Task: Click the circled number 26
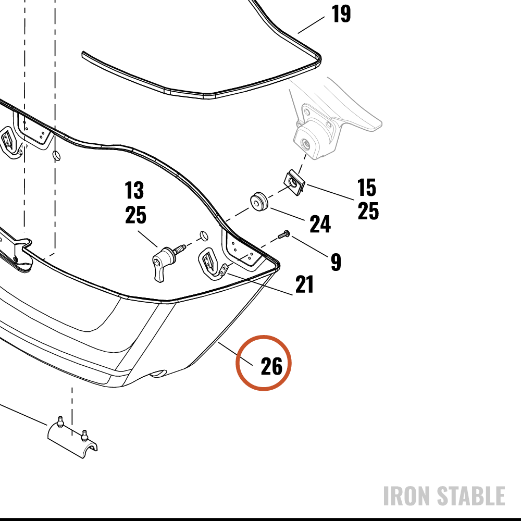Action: (271, 366)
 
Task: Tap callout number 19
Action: (341, 14)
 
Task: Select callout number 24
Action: (320, 224)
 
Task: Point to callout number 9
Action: (336, 262)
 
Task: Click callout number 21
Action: (304, 284)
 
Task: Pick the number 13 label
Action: (134, 190)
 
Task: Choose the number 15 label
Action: (366, 188)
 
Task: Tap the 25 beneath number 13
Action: (135, 215)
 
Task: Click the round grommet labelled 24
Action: (258, 201)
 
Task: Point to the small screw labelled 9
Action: (284, 235)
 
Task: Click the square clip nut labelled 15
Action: (294, 182)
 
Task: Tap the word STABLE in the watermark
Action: (471, 496)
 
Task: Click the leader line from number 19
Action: (311, 25)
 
